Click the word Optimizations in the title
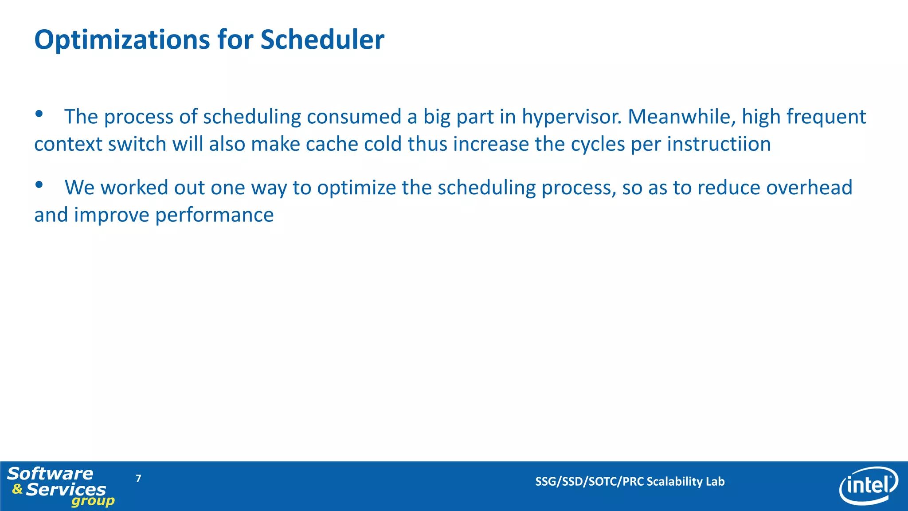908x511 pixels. pyautogui.click(x=122, y=40)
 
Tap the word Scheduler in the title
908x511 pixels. pyautogui.click(x=322, y=39)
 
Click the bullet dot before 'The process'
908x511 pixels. pyautogui.click(x=39, y=114)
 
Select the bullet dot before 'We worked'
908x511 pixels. pyautogui.click(x=39, y=185)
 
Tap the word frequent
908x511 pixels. pyautogui.click(x=826, y=117)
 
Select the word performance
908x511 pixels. pyautogui.click(x=214, y=216)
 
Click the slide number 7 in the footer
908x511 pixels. pyautogui.click(x=138, y=478)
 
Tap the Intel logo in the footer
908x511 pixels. pyautogui.click(x=868, y=486)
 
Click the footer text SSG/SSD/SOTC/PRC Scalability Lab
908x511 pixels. pyautogui.click(x=630, y=482)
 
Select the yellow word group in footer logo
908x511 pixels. pyautogui.click(x=93, y=502)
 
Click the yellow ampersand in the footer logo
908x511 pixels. pyautogui.click(x=17, y=489)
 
